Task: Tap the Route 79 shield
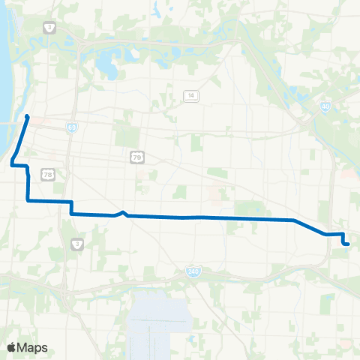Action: (x=136, y=157)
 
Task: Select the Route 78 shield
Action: (x=48, y=175)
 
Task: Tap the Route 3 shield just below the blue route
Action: (x=77, y=243)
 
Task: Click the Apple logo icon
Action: (x=11, y=347)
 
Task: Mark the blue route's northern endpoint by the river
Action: (x=27, y=116)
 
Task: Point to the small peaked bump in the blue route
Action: (x=123, y=212)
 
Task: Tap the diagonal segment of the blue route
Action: (x=309, y=227)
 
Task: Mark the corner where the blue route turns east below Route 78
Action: (x=28, y=200)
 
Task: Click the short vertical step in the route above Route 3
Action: (x=71, y=208)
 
